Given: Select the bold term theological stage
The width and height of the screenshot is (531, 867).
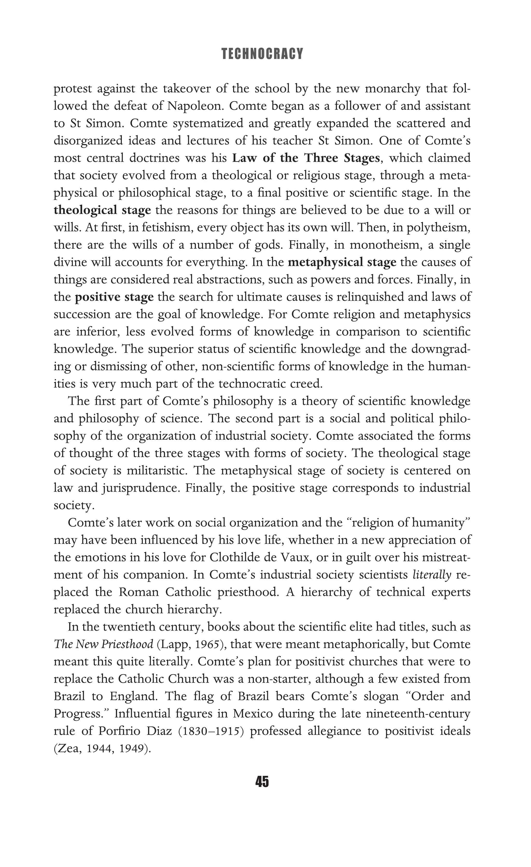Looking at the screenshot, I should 102,210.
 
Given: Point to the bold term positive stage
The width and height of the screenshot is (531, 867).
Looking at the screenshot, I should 114,297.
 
